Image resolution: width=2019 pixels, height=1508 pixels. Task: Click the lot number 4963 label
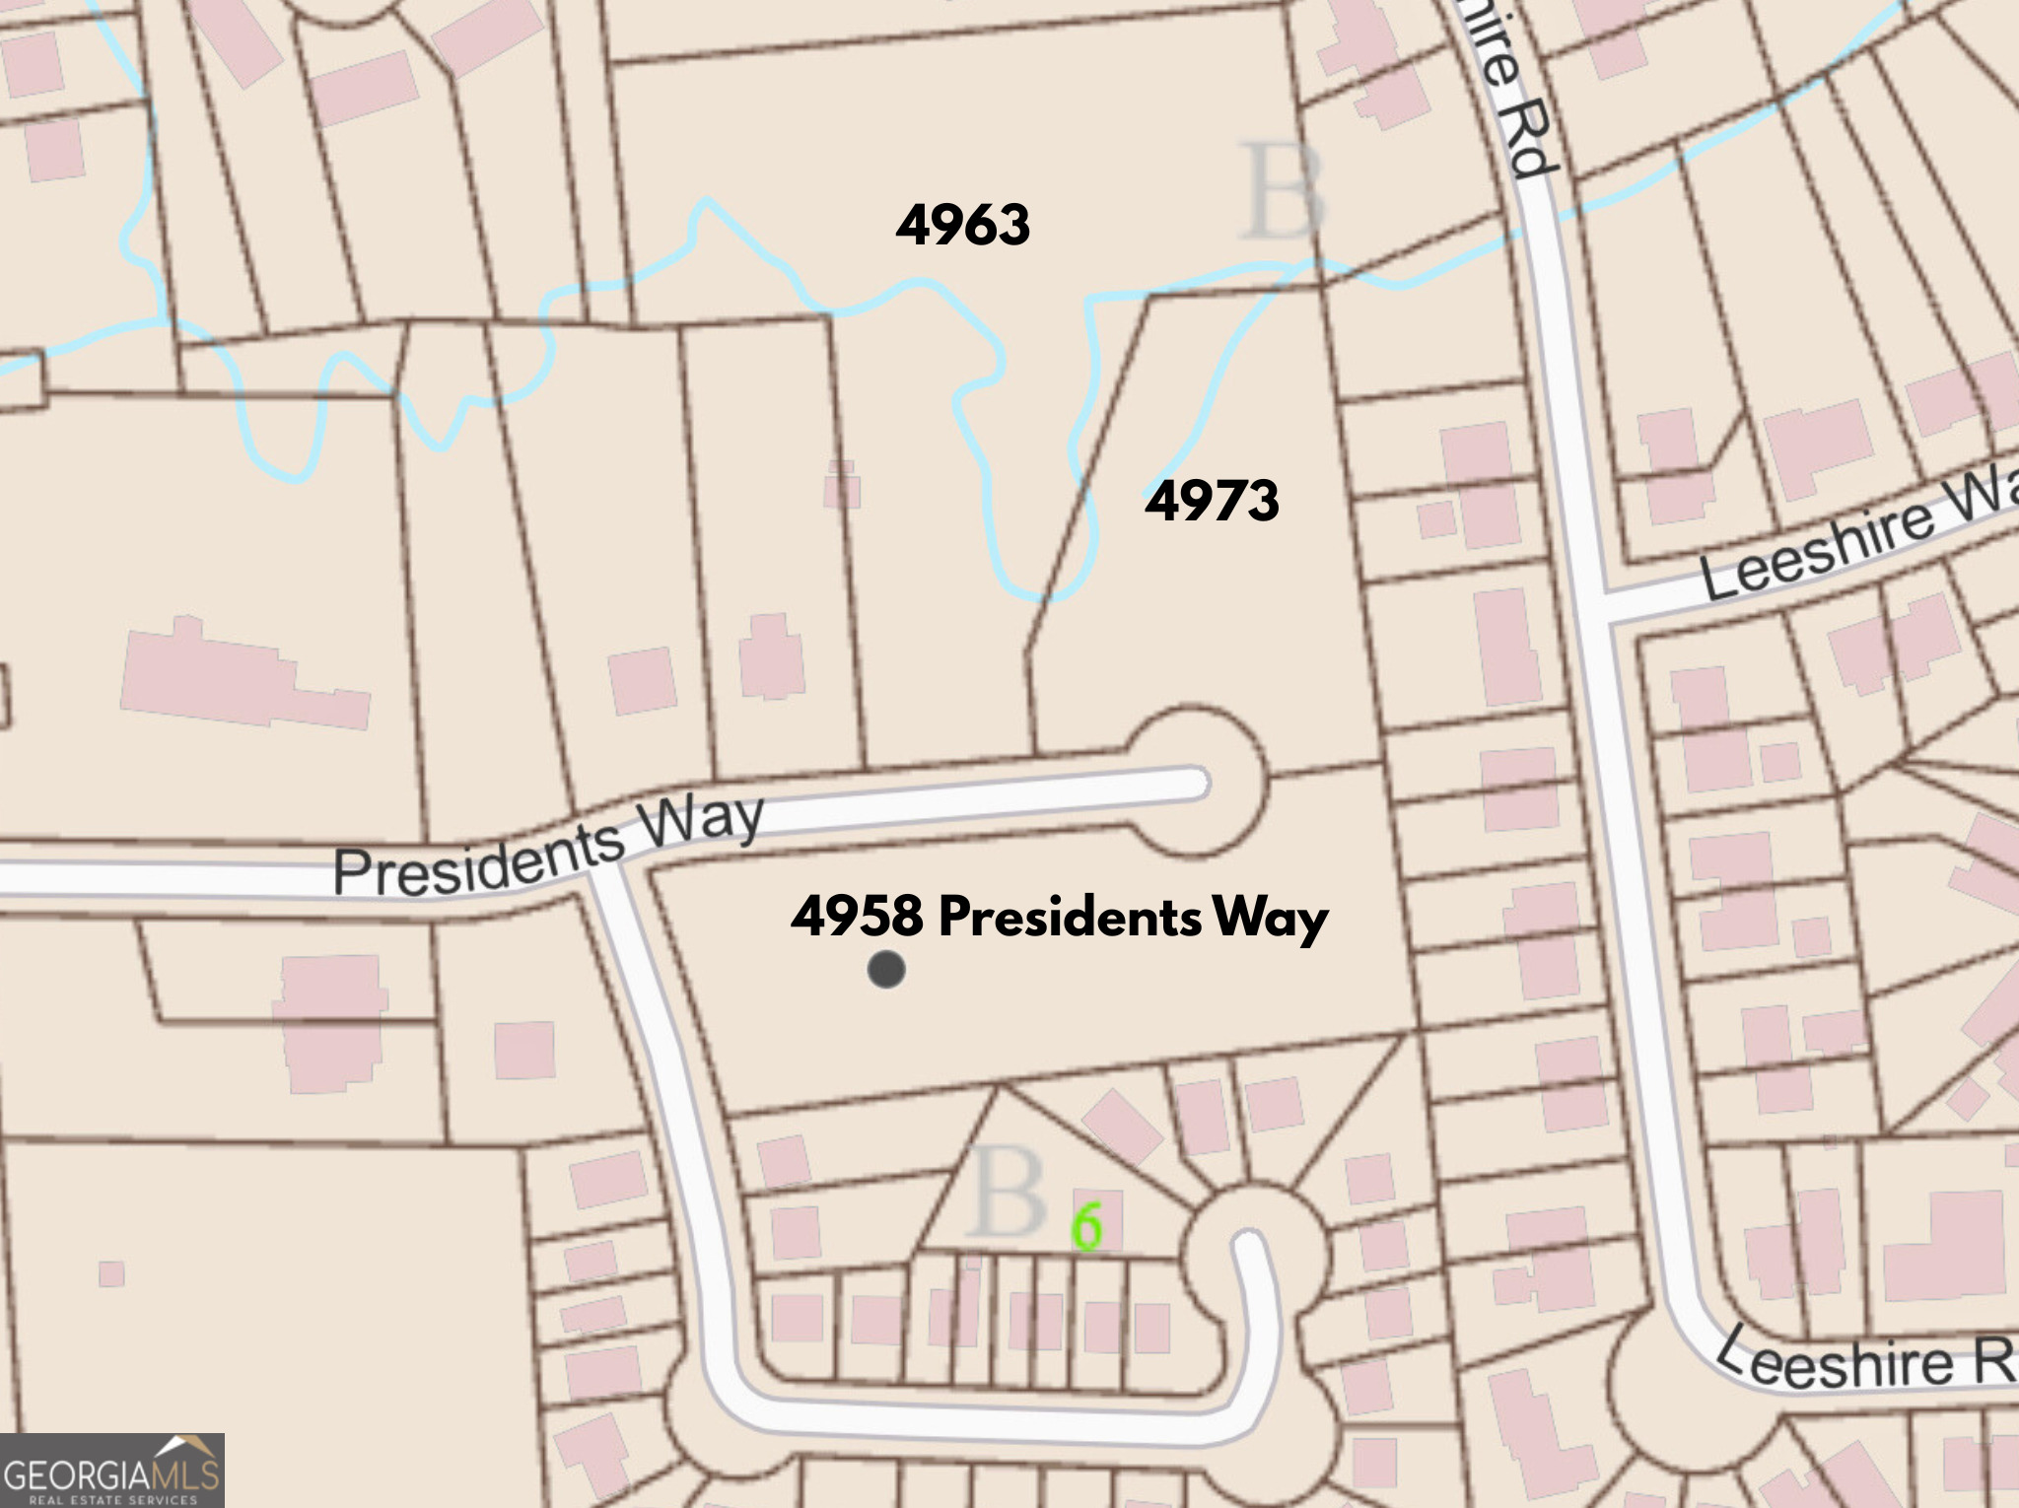click(963, 225)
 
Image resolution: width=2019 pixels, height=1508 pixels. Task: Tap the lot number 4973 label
click(1212, 501)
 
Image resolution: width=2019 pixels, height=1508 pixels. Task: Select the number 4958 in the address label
click(857, 917)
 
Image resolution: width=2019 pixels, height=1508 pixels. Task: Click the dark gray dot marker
click(886, 970)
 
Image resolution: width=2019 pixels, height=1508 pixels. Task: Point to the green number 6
click(1086, 1227)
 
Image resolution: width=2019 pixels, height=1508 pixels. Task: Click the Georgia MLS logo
click(111, 1471)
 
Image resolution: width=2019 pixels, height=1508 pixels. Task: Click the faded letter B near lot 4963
click(1282, 192)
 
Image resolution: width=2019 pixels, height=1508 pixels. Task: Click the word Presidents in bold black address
click(1070, 918)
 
